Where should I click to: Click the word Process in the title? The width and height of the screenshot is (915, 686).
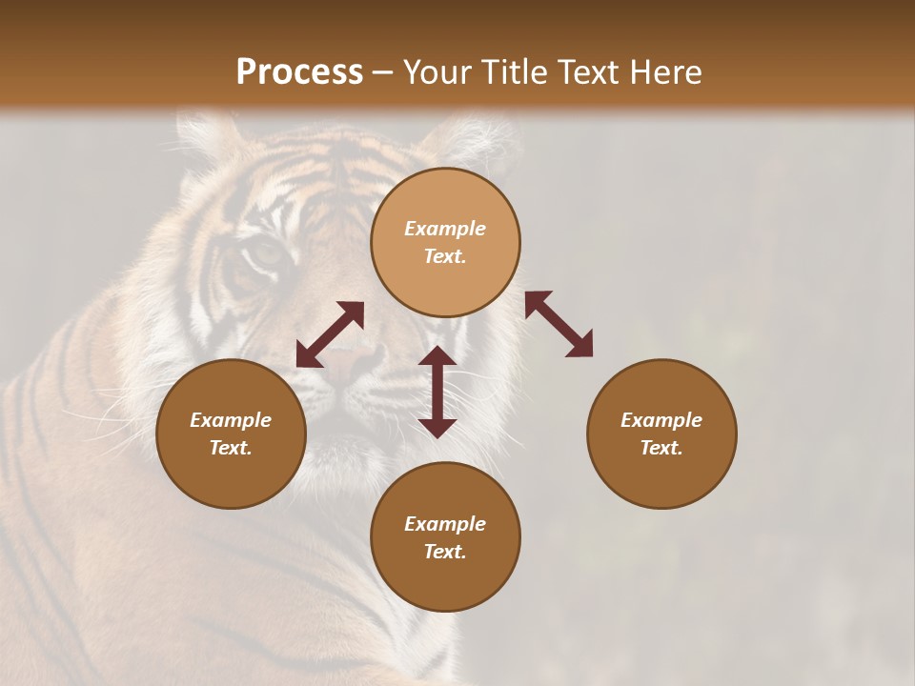click(x=299, y=72)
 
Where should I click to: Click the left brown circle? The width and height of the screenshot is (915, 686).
click(x=231, y=434)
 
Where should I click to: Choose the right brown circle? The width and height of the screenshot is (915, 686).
click(x=661, y=434)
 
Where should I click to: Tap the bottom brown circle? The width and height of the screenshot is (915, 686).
click(x=445, y=536)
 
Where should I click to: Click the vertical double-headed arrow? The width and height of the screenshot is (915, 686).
click(x=437, y=392)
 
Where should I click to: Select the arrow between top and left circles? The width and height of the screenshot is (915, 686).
click(x=330, y=334)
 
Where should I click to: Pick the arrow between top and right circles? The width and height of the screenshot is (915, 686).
click(x=559, y=324)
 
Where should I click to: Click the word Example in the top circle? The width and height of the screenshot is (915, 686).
click(x=445, y=229)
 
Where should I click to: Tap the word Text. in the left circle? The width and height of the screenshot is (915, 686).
click(x=231, y=448)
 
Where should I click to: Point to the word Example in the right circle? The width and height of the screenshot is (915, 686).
click(x=661, y=420)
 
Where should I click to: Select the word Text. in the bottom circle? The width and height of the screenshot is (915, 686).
click(x=445, y=552)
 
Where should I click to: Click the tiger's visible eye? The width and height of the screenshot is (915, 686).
click(x=264, y=253)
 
